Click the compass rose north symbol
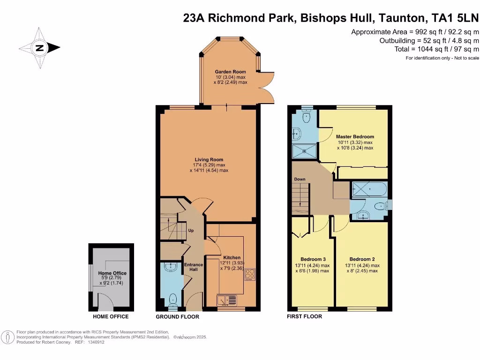click(x=39, y=48)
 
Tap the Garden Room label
click(x=230, y=72)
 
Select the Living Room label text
click(x=209, y=159)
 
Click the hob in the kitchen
click(x=250, y=274)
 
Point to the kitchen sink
click(x=227, y=300)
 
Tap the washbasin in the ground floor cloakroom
click(x=171, y=267)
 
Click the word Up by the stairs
click(x=191, y=231)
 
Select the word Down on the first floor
click(x=300, y=179)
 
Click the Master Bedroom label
click(x=355, y=136)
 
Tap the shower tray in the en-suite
click(x=304, y=151)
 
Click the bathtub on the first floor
click(x=370, y=189)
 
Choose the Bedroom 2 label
click(x=362, y=259)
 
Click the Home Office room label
click(x=112, y=273)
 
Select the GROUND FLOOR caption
click(x=178, y=317)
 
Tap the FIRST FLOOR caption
click(x=305, y=316)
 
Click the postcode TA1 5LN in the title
click(x=455, y=18)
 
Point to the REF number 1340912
click(x=96, y=342)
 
